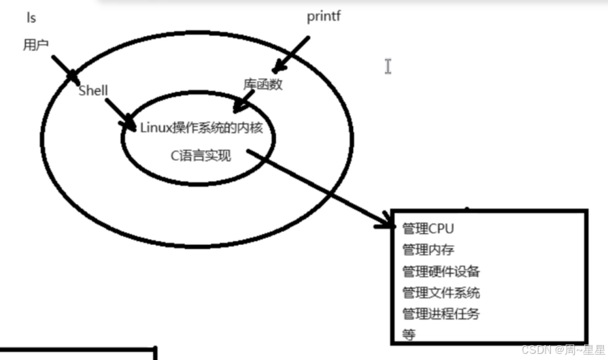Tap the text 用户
coord(35,45)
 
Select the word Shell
coord(93,91)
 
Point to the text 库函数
coord(263,84)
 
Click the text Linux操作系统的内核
coord(201,127)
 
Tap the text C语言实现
coord(201,156)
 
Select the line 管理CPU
coord(428,228)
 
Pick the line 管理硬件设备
coord(441,272)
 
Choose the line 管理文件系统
coord(441,293)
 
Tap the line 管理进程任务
coord(441,314)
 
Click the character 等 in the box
coord(409,335)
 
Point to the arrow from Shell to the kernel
coord(120,113)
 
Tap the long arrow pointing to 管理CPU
coord(320,189)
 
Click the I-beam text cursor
coord(388,66)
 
